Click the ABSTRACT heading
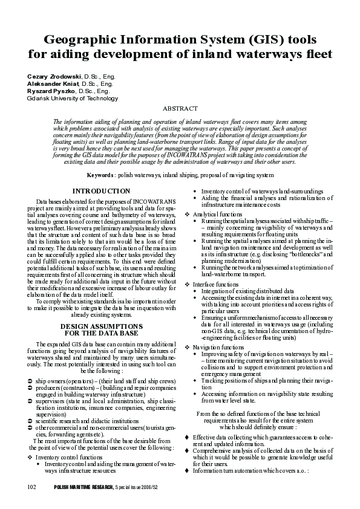pos(180,108)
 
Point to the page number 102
pos(33,487)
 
